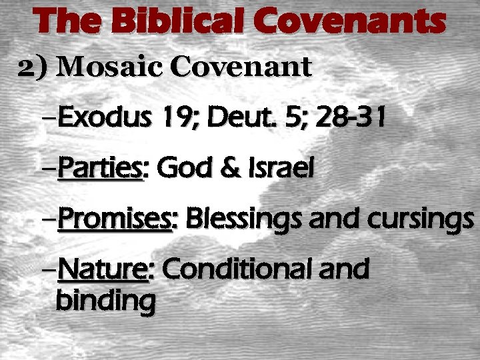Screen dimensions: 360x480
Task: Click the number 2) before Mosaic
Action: tap(33, 67)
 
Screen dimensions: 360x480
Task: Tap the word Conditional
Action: tap(233, 269)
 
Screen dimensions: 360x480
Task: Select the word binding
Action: tap(105, 301)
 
